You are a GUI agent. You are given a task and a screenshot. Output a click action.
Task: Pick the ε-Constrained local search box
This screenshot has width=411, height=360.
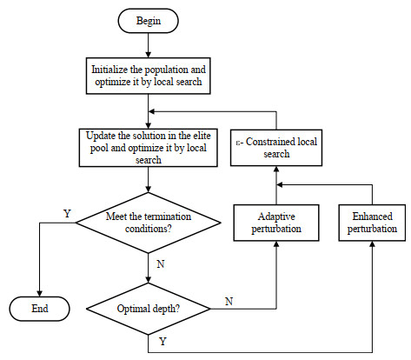coord(277,148)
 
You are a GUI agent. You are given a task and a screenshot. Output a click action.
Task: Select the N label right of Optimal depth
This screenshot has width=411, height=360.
coord(229,301)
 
